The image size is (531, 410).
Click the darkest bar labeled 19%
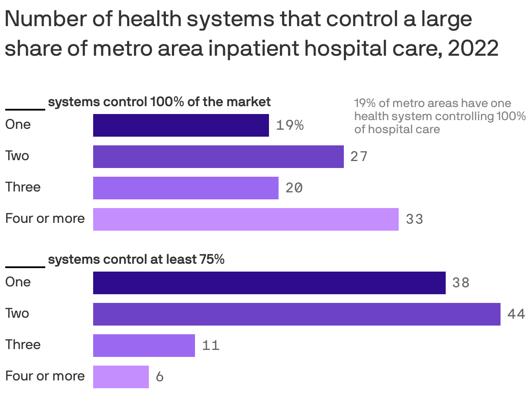[181, 125]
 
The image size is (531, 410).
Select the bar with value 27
[218, 157]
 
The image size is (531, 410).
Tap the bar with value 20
[185, 188]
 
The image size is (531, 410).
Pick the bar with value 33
[245, 219]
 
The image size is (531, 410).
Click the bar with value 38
[269, 283]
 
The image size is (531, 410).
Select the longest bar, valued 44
[296, 314]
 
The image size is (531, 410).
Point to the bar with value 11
[144, 346]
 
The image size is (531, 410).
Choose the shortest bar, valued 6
[121, 377]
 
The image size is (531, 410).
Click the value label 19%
[290, 125]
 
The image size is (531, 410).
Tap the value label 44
[516, 314]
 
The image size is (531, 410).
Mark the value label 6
[160, 377]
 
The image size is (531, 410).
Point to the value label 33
[414, 219]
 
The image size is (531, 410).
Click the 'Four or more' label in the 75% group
[45, 376]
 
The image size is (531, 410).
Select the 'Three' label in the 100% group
[23, 187]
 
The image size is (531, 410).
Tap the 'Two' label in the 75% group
[17, 313]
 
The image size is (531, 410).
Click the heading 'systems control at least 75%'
[136, 259]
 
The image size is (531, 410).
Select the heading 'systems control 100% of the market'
[159, 102]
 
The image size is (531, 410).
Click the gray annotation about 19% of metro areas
[440, 116]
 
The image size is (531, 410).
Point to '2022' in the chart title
[473, 48]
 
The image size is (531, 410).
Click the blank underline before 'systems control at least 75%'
[25, 266]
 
